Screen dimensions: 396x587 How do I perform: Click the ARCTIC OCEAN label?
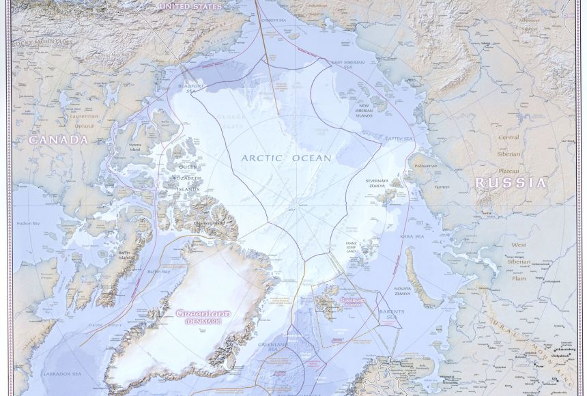286,158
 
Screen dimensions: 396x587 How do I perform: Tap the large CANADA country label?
59,139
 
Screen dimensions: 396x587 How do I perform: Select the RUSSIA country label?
511,183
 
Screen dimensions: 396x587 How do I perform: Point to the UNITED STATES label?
190,6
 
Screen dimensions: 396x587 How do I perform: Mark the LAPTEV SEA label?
399,139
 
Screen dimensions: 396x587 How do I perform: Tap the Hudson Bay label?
26,223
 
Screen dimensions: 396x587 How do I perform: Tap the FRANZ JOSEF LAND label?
350,246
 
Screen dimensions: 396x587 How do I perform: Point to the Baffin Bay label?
159,271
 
